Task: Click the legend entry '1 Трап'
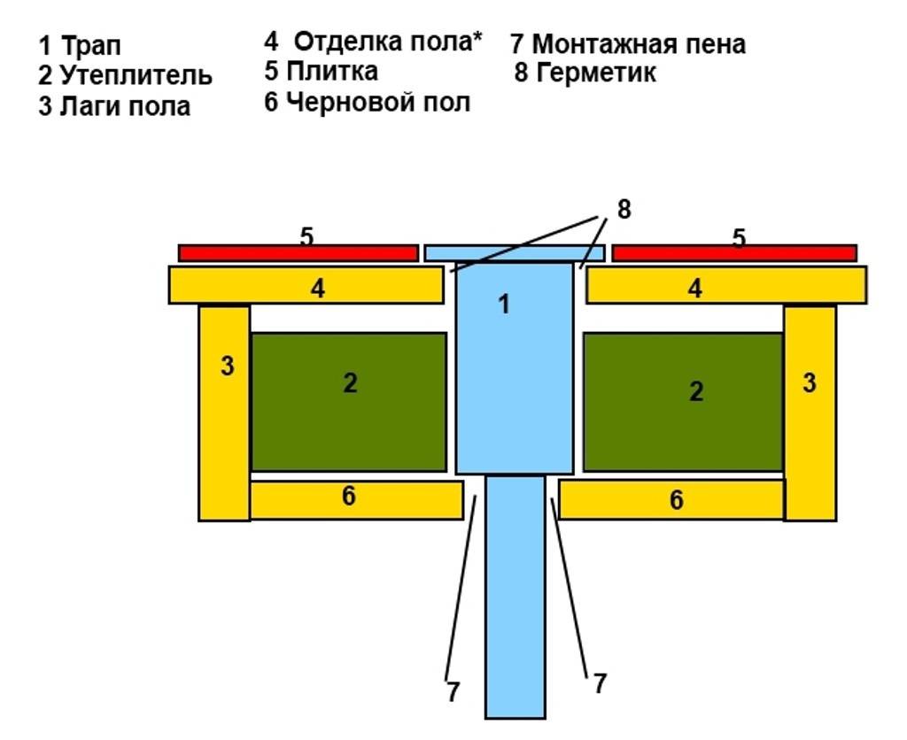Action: pyautogui.click(x=79, y=46)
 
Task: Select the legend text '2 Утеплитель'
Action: pyautogui.click(x=125, y=75)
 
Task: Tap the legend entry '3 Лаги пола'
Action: pyautogui.click(x=114, y=107)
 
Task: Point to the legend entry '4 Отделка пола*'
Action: pyautogui.click(x=373, y=42)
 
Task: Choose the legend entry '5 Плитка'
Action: pyautogui.click(x=321, y=71)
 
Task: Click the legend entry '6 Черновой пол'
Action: pyautogui.click(x=367, y=102)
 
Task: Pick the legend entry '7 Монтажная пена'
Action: pyautogui.click(x=627, y=43)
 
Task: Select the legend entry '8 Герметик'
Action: pyautogui.click(x=585, y=73)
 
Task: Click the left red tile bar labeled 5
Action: pyautogui.click(x=298, y=253)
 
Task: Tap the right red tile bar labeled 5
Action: pyautogui.click(x=733, y=253)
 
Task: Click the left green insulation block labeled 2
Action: pyautogui.click(x=349, y=402)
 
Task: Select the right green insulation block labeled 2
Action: pyautogui.click(x=682, y=402)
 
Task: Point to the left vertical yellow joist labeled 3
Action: pyautogui.click(x=224, y=412)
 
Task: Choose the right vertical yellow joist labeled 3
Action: pyautogui.click(x=810, y=412)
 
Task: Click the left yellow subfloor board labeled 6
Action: pyautogui.click(x=356, y=500)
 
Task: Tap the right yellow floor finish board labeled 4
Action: pyautogui.click(x=725, y=285)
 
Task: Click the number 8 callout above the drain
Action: pyautogui.click(x=624, y=210)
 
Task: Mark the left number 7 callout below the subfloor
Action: pyautogui.click(x=453, y=692)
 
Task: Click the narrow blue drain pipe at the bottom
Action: pyautogui.click(x=515, y=602)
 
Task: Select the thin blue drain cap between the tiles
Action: pyautogui.click(x=514, y=253)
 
